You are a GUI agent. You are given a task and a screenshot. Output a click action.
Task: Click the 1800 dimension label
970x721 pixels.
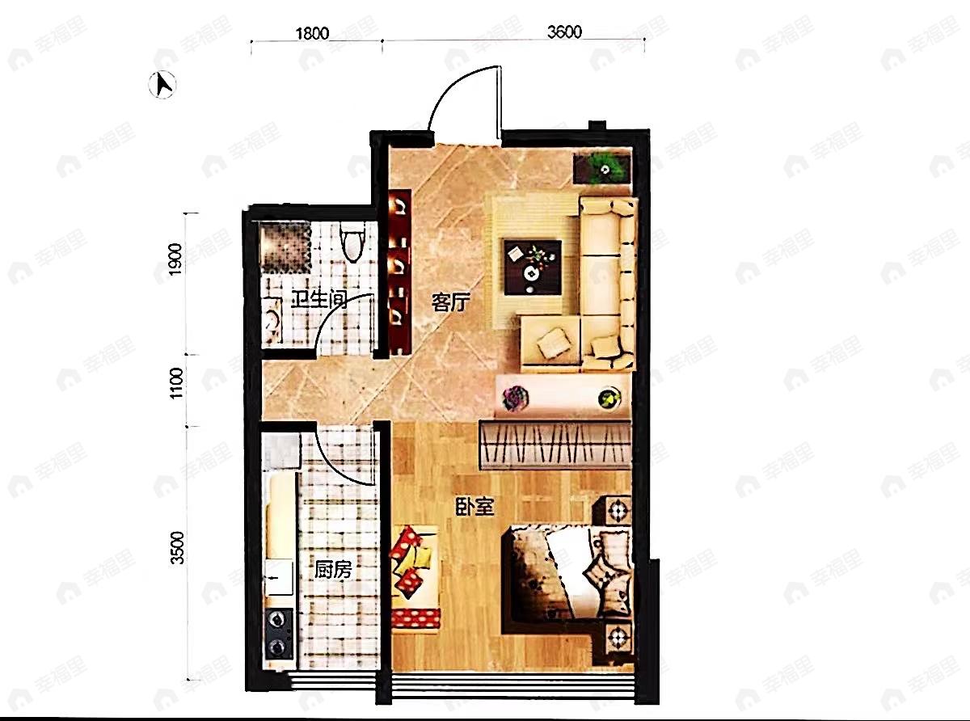pos(312,34)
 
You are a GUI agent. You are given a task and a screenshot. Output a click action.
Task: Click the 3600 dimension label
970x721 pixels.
pos(564,32)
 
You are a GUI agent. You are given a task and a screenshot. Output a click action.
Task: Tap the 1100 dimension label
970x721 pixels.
pos(176,383)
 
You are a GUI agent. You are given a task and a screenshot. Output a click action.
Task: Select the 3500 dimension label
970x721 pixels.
pos(178,548)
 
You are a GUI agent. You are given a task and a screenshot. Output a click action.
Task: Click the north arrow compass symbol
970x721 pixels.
pos(162,84)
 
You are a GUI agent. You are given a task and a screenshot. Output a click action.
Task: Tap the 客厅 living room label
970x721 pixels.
pos(450,302)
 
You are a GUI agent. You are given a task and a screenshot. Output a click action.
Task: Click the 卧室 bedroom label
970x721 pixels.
pos(475,507)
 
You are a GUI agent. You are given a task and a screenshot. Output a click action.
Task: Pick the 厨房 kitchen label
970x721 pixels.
pos(333,570)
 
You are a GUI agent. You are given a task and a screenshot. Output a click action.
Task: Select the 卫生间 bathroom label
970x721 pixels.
pos(318,300)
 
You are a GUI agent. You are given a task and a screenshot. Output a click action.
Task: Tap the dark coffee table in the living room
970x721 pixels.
pos(532,267)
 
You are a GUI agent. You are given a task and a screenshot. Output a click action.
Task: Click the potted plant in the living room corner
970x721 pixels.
pos(604,168)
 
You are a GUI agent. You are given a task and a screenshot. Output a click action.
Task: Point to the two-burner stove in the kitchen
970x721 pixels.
pos(278,633)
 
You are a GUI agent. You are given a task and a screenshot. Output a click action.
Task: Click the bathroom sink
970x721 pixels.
pos(272,321)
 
